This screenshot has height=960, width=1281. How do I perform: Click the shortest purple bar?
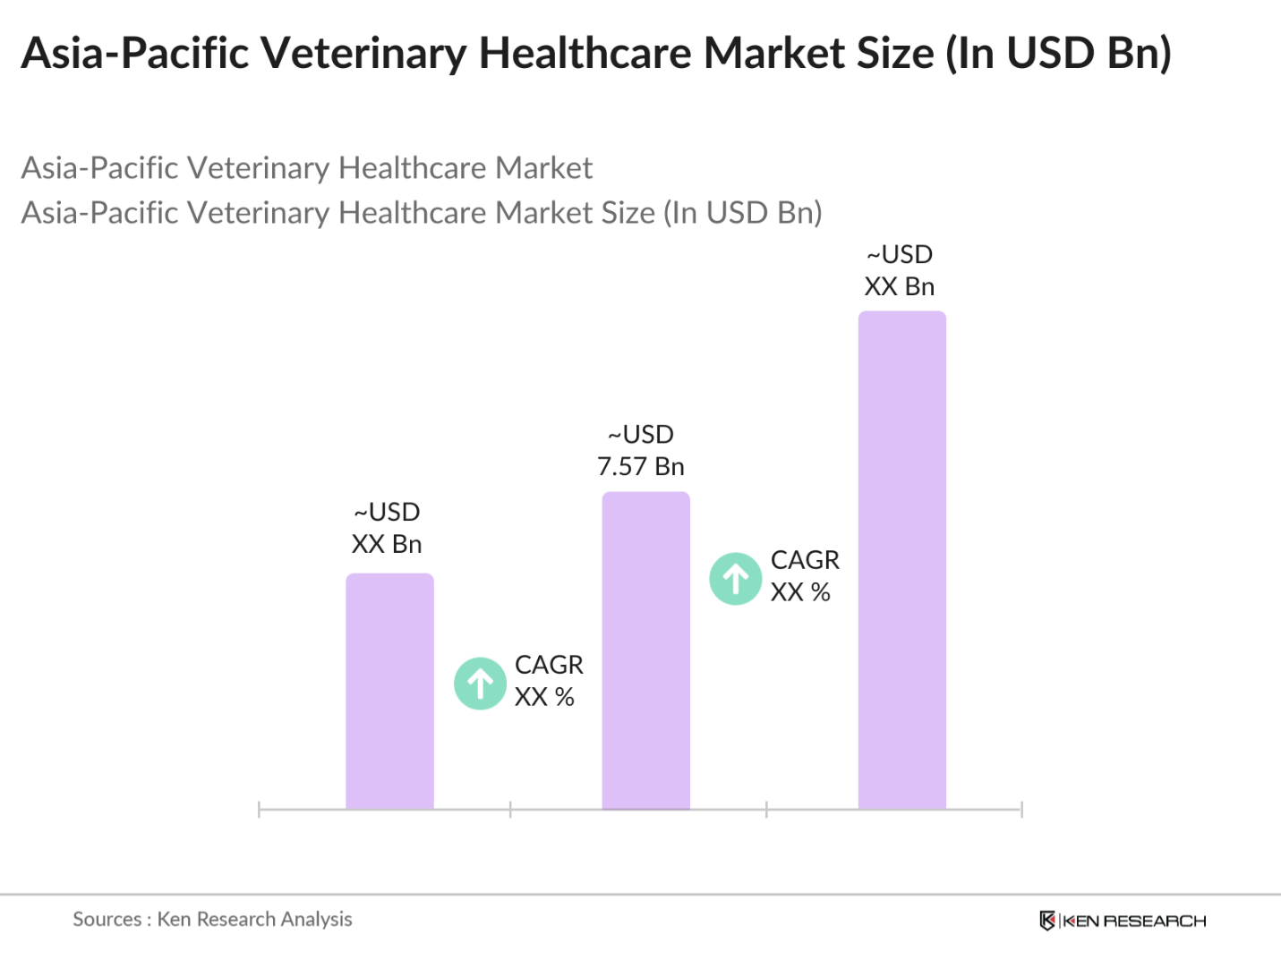pos(389,691)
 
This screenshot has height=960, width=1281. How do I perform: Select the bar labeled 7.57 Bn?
pos(645,650)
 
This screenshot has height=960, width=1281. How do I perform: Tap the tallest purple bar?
pos(901,560)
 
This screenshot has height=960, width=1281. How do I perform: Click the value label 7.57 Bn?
pos(641,466)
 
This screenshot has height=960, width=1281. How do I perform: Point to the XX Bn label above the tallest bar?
pos(900,286)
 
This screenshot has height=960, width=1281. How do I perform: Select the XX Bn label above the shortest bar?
pos(387,544)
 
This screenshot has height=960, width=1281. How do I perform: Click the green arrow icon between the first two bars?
pos(481,684)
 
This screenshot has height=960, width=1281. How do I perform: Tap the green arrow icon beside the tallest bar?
pos(736,579)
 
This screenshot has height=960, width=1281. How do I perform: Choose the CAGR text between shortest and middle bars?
pos(549,665)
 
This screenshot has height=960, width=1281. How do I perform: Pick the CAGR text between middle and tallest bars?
pos(805,560)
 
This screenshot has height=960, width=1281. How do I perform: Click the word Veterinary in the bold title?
pos(363,53)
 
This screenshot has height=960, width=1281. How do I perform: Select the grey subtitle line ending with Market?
pos(306,168)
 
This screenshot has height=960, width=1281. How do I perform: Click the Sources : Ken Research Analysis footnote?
pos(212,919)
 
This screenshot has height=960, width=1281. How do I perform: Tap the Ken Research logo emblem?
pos(1046,921)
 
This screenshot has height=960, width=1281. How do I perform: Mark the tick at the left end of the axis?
pos(259,810)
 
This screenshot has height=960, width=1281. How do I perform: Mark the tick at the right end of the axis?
pos(1021,810)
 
